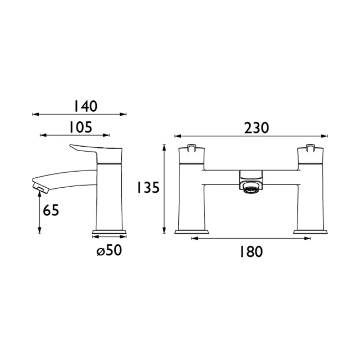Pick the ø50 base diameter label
(109, 250)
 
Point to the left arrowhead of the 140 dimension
(35, 115)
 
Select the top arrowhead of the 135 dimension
(164, 147)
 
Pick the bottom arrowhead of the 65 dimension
(39, 232)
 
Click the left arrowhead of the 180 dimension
(194, 239)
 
